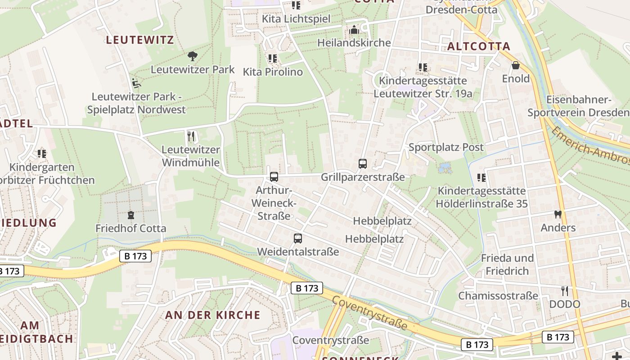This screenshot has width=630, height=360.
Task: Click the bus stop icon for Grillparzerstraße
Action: [x=363, y=164]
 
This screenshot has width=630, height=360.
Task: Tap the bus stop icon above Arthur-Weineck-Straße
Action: [x=274, y=177]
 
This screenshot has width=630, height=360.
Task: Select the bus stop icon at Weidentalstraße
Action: [x=297, y=238]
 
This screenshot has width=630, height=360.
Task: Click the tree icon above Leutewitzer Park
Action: [x=193, y=56]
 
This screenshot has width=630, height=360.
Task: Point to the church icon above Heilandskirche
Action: [x=354, y=30]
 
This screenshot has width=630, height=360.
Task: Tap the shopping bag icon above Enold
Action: [x=516, y=66]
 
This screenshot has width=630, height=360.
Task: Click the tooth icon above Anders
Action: [x=558, y=215]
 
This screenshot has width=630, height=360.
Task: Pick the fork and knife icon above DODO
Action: [x=564, y=291]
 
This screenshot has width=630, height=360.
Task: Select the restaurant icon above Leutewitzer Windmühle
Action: [x=191, y=136]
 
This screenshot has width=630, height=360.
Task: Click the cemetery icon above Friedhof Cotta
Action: [x=131, y=215]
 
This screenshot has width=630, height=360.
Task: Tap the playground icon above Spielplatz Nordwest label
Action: [x=136, y=83]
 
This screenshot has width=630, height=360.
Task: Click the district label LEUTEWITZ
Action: [x=140, y=40]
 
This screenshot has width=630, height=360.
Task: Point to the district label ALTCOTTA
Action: [x=479, y=46]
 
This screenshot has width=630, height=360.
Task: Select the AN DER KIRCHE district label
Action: [x=213, y=315]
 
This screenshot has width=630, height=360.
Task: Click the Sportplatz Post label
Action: [x=446, y=147]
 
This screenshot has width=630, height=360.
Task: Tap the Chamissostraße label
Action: [x=498, y=296]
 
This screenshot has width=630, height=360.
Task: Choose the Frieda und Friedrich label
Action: [x=507, y=265]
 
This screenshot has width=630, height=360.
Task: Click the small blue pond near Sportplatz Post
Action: [x=445, y=168]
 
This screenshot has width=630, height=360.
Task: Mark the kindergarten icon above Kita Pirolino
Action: [x=272, y=58]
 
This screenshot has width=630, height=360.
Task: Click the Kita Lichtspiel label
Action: [x=296, y=19]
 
